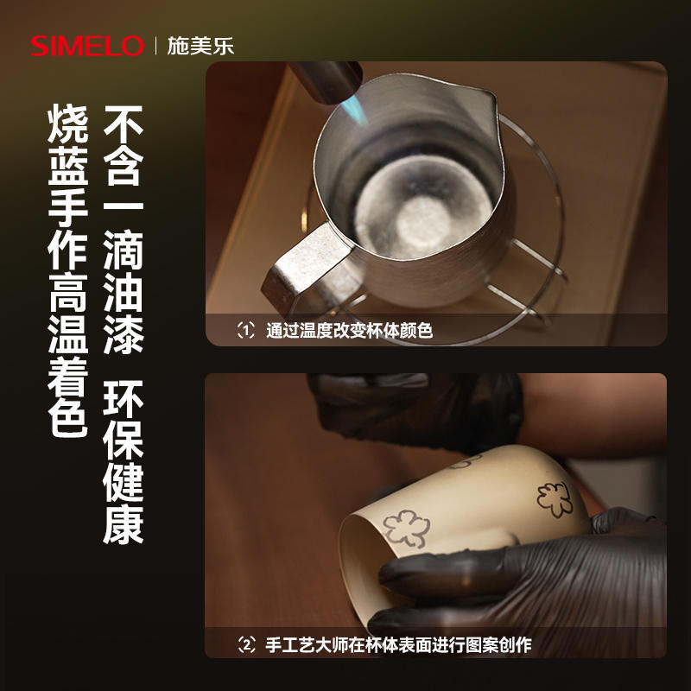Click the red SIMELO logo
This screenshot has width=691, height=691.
(x=87, y=46)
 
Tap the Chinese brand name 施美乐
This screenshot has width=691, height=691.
(x=200, y=46)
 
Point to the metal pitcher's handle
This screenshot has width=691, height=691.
(x=308, y=269)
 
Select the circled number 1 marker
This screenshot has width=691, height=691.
(x=246, y=330)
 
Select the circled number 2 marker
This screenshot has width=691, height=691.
(x=246, y=644)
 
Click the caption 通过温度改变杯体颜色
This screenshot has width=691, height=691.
(x=349, y=331)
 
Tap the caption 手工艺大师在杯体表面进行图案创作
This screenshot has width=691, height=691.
(x=398, y=645)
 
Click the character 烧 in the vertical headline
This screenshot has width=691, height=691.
(x=68, y=124)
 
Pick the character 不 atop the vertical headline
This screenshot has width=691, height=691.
(x=123, y=124)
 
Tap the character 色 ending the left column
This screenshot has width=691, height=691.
(x=68, y=417)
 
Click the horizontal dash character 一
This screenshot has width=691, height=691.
(x=123, y=206)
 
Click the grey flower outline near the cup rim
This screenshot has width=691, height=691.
(x=406, y=529)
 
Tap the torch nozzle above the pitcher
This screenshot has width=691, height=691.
(x=327, y=80)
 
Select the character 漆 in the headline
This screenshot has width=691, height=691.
(x=123, y=335)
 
